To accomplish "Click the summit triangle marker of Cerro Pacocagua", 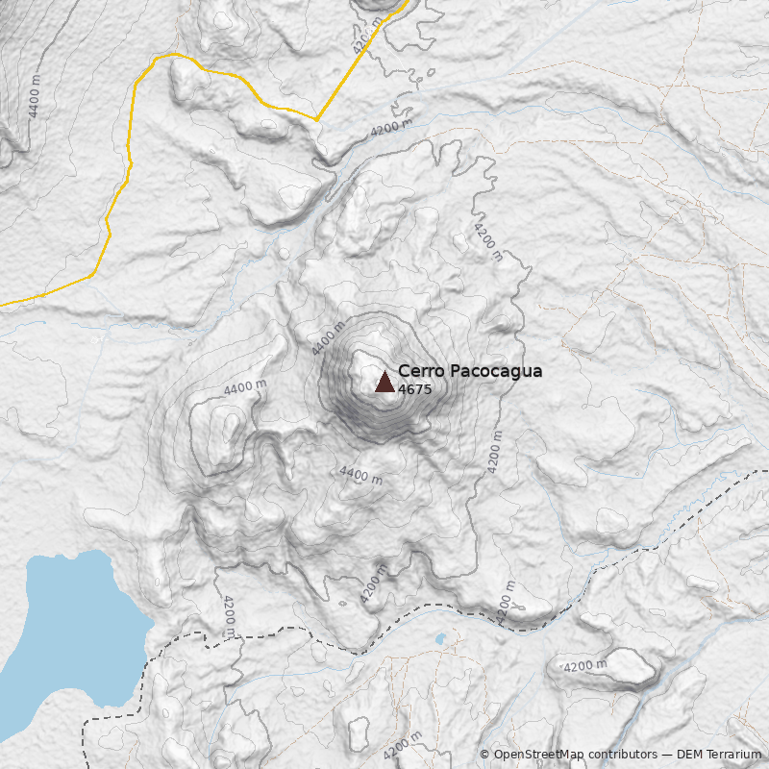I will (384, 383).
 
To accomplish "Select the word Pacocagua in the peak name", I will (496, 371).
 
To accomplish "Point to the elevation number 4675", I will (414, 390).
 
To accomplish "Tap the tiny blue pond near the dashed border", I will (440, 638).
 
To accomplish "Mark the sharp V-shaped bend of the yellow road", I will (316, 119).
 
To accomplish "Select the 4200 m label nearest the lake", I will (229, 616).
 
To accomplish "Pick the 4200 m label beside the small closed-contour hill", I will (584, 666).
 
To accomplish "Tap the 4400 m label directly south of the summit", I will (360, 474).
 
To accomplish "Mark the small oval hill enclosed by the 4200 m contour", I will (625, 663).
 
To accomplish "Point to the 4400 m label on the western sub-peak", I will (245, 387).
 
